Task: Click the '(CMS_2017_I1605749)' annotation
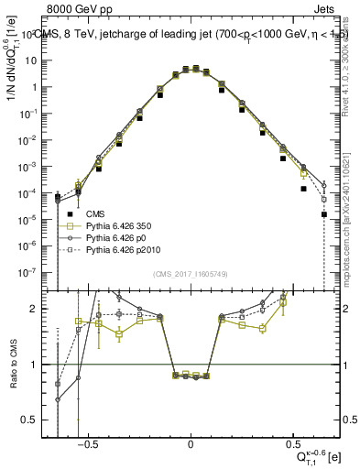point(191,275)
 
